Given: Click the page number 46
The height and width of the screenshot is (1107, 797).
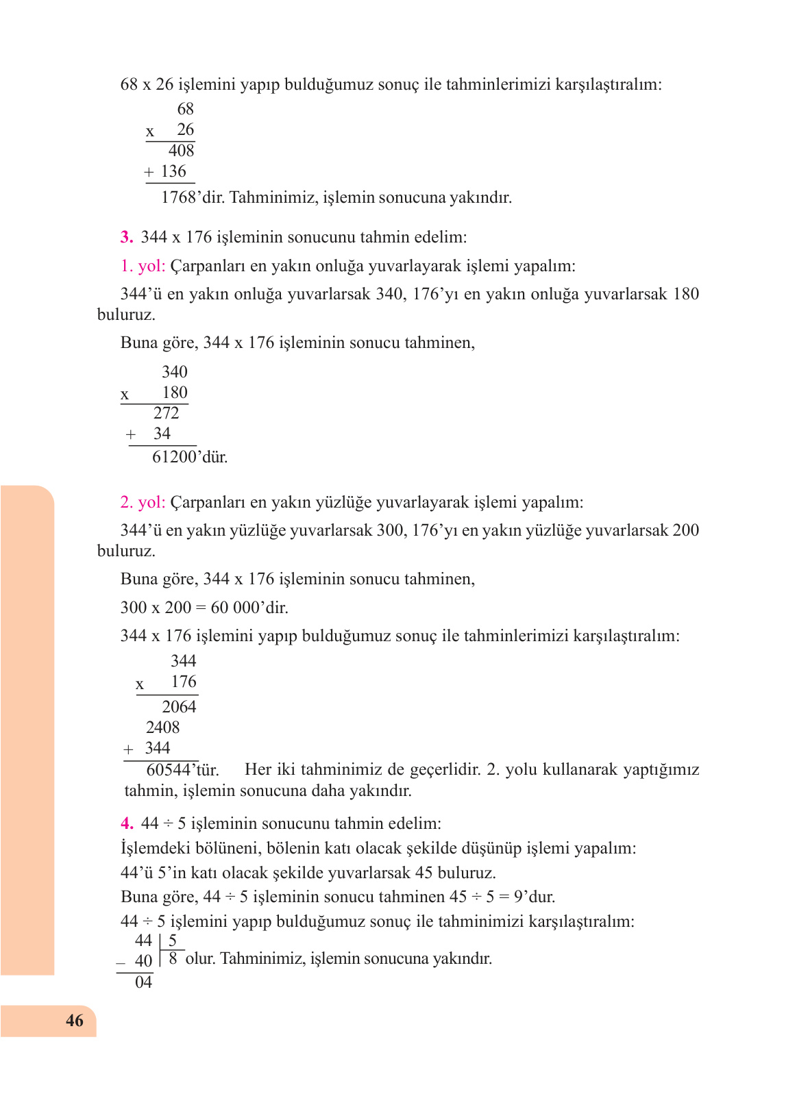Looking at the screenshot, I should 74,1021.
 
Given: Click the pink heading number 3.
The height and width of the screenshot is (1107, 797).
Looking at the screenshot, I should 126,237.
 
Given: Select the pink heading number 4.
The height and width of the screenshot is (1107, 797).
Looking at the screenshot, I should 126,823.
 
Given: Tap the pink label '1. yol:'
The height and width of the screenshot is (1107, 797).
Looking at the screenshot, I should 143,266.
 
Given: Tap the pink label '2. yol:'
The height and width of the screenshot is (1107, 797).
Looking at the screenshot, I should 143,502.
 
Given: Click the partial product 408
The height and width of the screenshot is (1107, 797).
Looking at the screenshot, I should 182,151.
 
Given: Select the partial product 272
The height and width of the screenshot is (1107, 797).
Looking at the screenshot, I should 167,413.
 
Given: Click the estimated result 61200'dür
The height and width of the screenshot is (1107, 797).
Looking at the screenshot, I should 189,457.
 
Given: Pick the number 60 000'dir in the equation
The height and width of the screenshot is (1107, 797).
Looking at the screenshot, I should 249,608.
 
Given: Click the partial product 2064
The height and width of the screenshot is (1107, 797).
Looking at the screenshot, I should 179,707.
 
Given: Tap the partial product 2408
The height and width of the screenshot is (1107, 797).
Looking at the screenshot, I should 162,727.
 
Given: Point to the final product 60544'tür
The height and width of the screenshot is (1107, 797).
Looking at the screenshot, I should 182,770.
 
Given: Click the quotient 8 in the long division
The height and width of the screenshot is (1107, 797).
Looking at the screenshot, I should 173,959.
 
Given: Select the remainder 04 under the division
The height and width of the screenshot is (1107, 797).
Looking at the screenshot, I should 143,982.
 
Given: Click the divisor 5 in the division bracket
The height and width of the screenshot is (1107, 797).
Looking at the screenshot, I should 173,941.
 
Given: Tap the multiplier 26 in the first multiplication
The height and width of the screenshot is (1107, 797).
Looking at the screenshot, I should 185,129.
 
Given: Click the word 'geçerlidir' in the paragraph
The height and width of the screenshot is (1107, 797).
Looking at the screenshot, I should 445,769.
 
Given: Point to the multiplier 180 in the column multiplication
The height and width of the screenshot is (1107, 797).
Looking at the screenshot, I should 175,393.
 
